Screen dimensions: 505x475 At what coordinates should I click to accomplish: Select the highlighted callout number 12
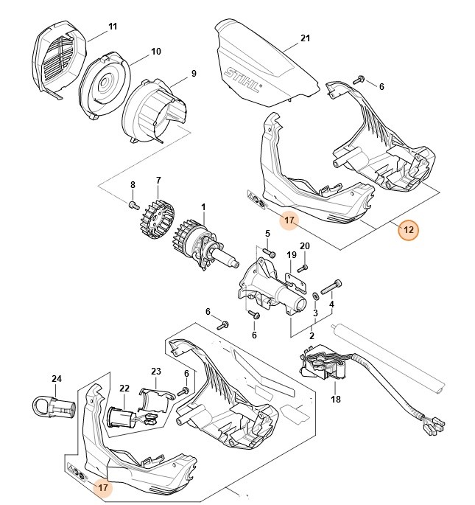tap(408, 230)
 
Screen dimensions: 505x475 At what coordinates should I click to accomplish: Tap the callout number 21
tap(306, 38)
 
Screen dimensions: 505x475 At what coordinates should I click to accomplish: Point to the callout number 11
tap(113, 27)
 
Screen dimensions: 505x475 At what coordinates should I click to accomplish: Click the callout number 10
tap(156, 52)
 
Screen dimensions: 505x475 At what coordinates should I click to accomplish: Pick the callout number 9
tap(194, 73)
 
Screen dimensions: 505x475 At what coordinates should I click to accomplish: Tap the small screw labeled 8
tap(133, 205)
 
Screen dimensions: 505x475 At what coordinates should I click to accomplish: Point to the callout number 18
tap(336, 399)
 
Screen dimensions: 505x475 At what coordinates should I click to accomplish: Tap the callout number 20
tap(305, 246)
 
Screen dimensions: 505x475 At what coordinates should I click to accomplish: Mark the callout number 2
tap(311, 335)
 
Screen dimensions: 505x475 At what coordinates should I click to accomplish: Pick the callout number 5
tap(268, 234)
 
